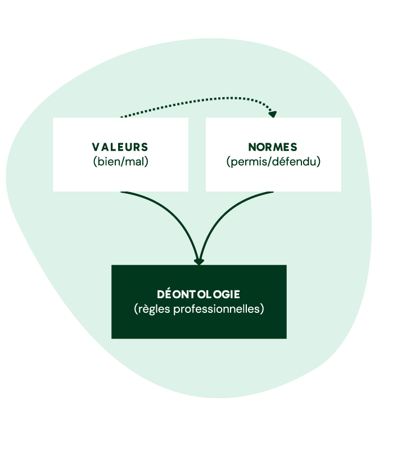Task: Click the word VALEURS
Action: point(120,147)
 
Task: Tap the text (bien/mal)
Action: point(120,162)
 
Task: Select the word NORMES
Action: point(273,147)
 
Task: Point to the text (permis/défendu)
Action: point(273,162)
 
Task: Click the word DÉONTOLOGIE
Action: point(198,294)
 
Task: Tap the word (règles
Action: point(152,309)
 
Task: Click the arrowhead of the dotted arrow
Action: point(273,114)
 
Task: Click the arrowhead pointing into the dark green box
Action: point(198,261)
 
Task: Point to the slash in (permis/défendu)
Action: point(269,162)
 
